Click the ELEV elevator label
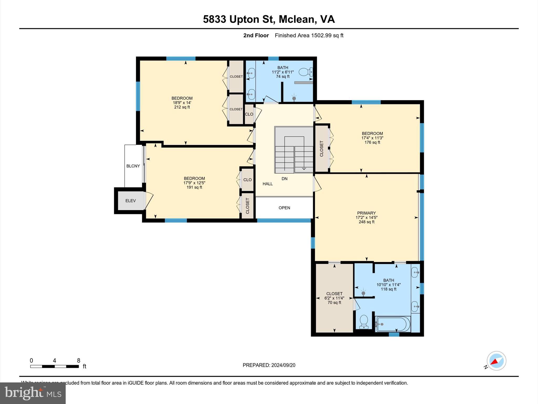tap(131, 201)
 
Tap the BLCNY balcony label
tap(133, 166)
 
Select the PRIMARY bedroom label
tap(366, 213)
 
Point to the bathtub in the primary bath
tap(393, 324)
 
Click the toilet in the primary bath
tap(364, 321)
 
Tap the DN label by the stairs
tap(284, 179)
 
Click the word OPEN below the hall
tap(284, 208)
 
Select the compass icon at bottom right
tap(496, 361)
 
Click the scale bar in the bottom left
tap(54, 366)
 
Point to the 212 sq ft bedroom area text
tap(182, 107)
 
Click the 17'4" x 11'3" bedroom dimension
tap(372, 138)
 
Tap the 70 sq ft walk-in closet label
tap(334, 302)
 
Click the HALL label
tap(267, 184)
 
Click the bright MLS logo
tap(33, 393)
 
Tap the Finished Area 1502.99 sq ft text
tap(309, 36)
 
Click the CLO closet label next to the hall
tap(249, 114)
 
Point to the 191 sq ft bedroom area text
tap(194, 187)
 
